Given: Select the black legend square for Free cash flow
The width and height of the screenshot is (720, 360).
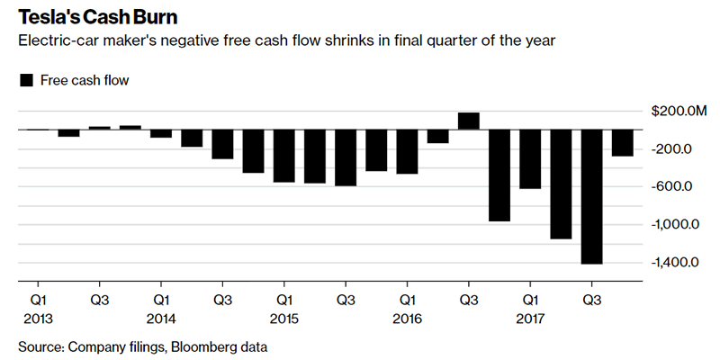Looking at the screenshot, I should tap(26, 81).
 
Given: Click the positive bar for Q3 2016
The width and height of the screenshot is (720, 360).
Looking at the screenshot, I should tap(468, 121).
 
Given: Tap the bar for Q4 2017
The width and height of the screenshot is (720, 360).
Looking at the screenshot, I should tap(622, 142).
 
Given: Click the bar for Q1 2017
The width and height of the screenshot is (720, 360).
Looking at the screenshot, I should tap(530, 159).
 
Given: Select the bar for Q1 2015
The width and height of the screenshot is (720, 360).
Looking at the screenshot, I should tap(283, 156).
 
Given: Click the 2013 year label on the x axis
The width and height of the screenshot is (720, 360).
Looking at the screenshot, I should tap(39, 318).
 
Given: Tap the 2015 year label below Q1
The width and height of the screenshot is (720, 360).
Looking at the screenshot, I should tap(284, 318).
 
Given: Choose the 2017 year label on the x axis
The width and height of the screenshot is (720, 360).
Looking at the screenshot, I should tap(531, 318).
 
